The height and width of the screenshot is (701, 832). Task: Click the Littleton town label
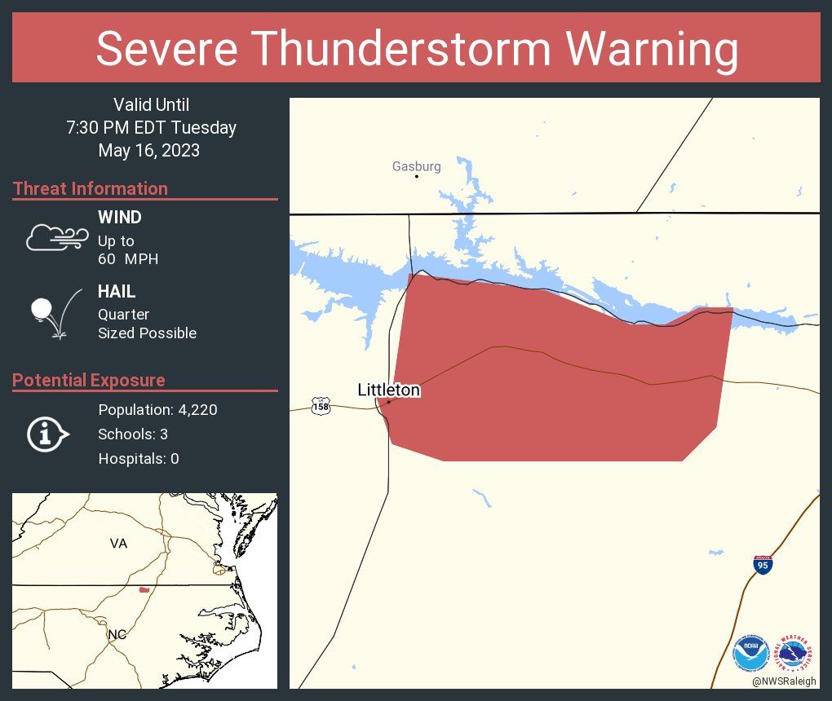point(389,390)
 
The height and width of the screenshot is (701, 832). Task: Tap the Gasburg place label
point(416,166)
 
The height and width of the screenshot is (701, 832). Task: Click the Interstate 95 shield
point(763,565)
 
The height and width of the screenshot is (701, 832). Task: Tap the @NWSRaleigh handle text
point(784,681)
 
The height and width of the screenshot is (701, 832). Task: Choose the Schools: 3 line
point(133,434)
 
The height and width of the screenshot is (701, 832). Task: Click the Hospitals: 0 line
point(139,459)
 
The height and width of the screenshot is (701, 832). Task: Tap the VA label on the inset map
point(119,543)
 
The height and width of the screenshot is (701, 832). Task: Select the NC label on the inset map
point(117,633)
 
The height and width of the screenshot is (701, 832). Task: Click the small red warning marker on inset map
point(144,589)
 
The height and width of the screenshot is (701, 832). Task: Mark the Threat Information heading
point(91,188)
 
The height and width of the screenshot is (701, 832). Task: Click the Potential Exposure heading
point(89,380)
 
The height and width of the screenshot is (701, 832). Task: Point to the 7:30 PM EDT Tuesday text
point(151,128)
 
